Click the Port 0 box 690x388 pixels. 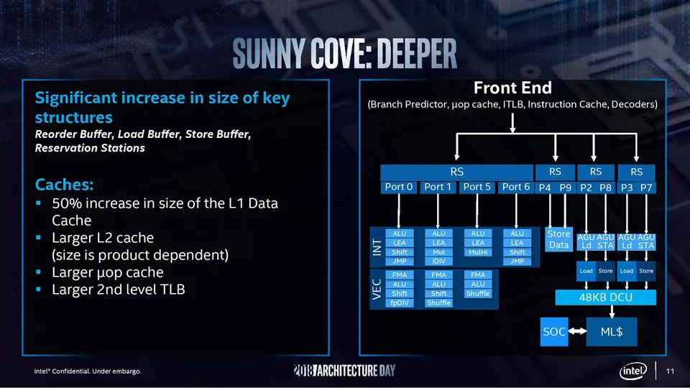pyautogui.click(x=399, y=187)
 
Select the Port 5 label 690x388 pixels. pyautogui.click(x=477, y=187)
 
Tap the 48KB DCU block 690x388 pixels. pyautogui.click(x=606, y=297)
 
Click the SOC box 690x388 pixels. pyautogui.click(x=553, y=332)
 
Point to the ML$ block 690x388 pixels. pyautogui.click(x=611, y=332)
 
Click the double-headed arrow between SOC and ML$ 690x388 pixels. pyautogui.click(x=576, y=332)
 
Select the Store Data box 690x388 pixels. pyautogui.click(x=558, y=239)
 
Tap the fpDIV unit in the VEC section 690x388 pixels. pyautogui.click(x=400, y=302)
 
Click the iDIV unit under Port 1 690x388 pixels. pyautogui.click(x=438, y=262)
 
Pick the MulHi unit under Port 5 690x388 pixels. pyautogui.click(x=477, y=252)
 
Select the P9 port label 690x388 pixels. pyautogui.click(x=565, y=187)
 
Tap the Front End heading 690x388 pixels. pyautogui.click(x=512, y=88)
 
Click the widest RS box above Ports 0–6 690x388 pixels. pyautogui.click(x=456, y=172)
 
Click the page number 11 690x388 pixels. pyautogui.click(x=670, y=371)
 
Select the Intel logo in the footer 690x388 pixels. pyautogui.click(x=634, y=371)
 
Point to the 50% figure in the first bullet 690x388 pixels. pyautogui.click(x=68, y=203)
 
